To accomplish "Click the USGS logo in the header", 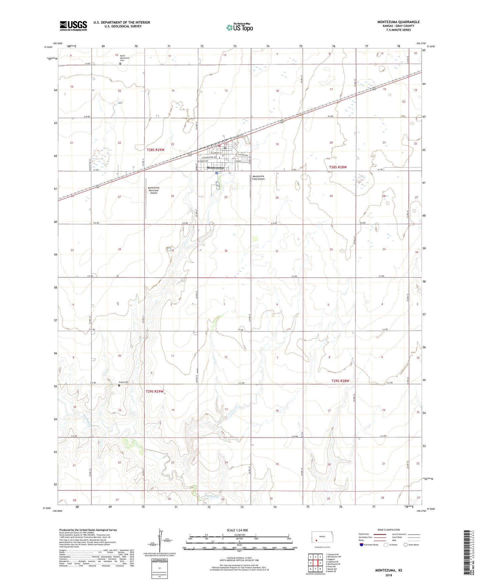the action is point(73,26).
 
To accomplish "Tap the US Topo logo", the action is point(239,27).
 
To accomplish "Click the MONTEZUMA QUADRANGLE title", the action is point(398,22).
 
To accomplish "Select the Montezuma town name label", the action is point(215,167).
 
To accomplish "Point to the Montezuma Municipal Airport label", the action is point(153,190).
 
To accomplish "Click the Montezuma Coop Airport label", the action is point(258,178).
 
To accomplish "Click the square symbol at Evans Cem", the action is point(119,385).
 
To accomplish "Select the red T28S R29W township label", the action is point(155,150).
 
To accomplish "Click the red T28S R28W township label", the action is point(338,167).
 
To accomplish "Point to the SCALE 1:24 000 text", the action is point(237,530).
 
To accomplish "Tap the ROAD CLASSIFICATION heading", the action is point(389,530).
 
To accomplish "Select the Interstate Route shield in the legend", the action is point(361,545).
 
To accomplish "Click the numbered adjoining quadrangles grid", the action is point(315,562).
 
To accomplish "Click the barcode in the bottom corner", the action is point(467,553).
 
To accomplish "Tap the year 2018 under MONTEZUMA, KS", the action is point(388,575).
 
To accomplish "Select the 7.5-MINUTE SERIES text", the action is point(399,30).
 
